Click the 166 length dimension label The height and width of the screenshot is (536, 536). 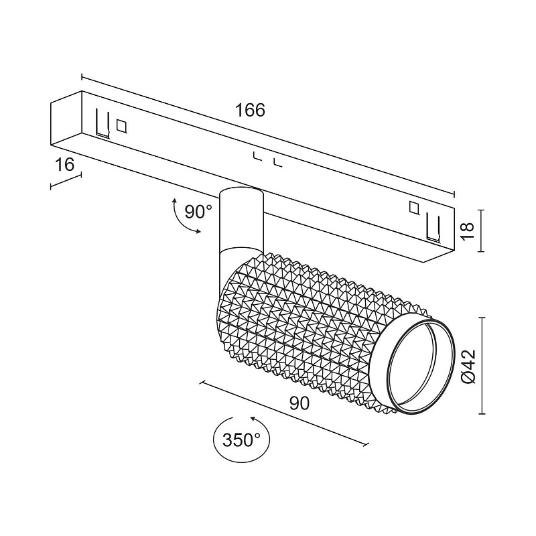(250, 110)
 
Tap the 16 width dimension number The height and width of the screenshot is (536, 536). (64, 165)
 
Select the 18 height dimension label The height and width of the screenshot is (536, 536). (467, 230)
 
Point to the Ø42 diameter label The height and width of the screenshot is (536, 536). (468, 366)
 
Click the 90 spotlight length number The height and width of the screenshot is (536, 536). (299, 404)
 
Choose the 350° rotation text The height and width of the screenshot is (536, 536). (242, 440)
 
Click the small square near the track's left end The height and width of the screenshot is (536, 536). (121, 126)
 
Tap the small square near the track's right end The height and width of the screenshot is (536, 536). (414, 208)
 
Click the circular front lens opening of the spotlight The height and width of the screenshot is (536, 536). (421, 366)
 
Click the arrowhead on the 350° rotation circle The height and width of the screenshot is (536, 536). (253, 418)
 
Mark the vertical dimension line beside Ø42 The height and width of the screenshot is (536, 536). (482, 366)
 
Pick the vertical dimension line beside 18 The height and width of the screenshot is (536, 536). (481, 230)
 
